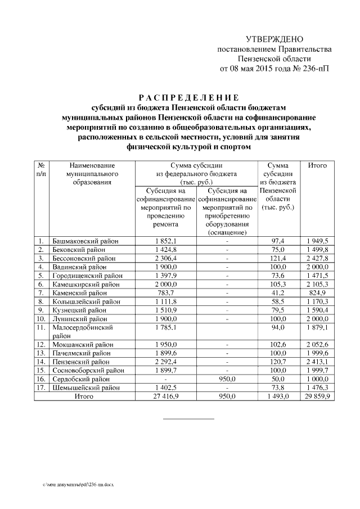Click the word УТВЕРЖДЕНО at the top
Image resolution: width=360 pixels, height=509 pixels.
click(274, 39)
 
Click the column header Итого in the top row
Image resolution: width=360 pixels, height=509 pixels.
click(318, 165)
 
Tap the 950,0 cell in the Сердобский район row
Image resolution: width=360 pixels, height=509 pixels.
click(226, 379)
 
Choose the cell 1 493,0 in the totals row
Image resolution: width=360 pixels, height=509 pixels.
click(277, 397)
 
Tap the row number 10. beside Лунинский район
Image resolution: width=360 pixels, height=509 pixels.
click(41, 318)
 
